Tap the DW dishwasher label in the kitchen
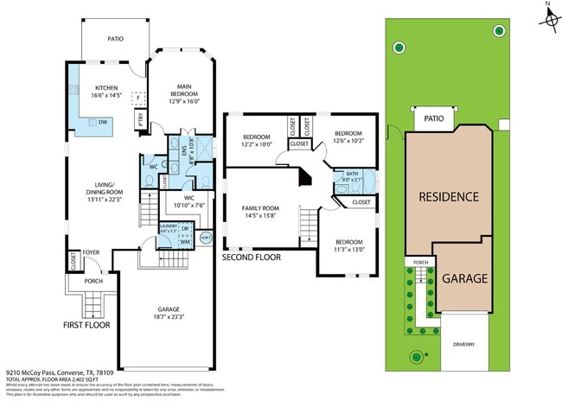coord(102,123)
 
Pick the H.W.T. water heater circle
coord(205,237)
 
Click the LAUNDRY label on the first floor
coord(169,226)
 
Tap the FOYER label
coord(92,253)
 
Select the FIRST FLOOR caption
coord(90,326)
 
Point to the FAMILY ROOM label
coord(260,207)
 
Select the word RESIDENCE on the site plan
coord(449,197)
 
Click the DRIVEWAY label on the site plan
coord(463,344)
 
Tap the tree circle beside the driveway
coord(417,355)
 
